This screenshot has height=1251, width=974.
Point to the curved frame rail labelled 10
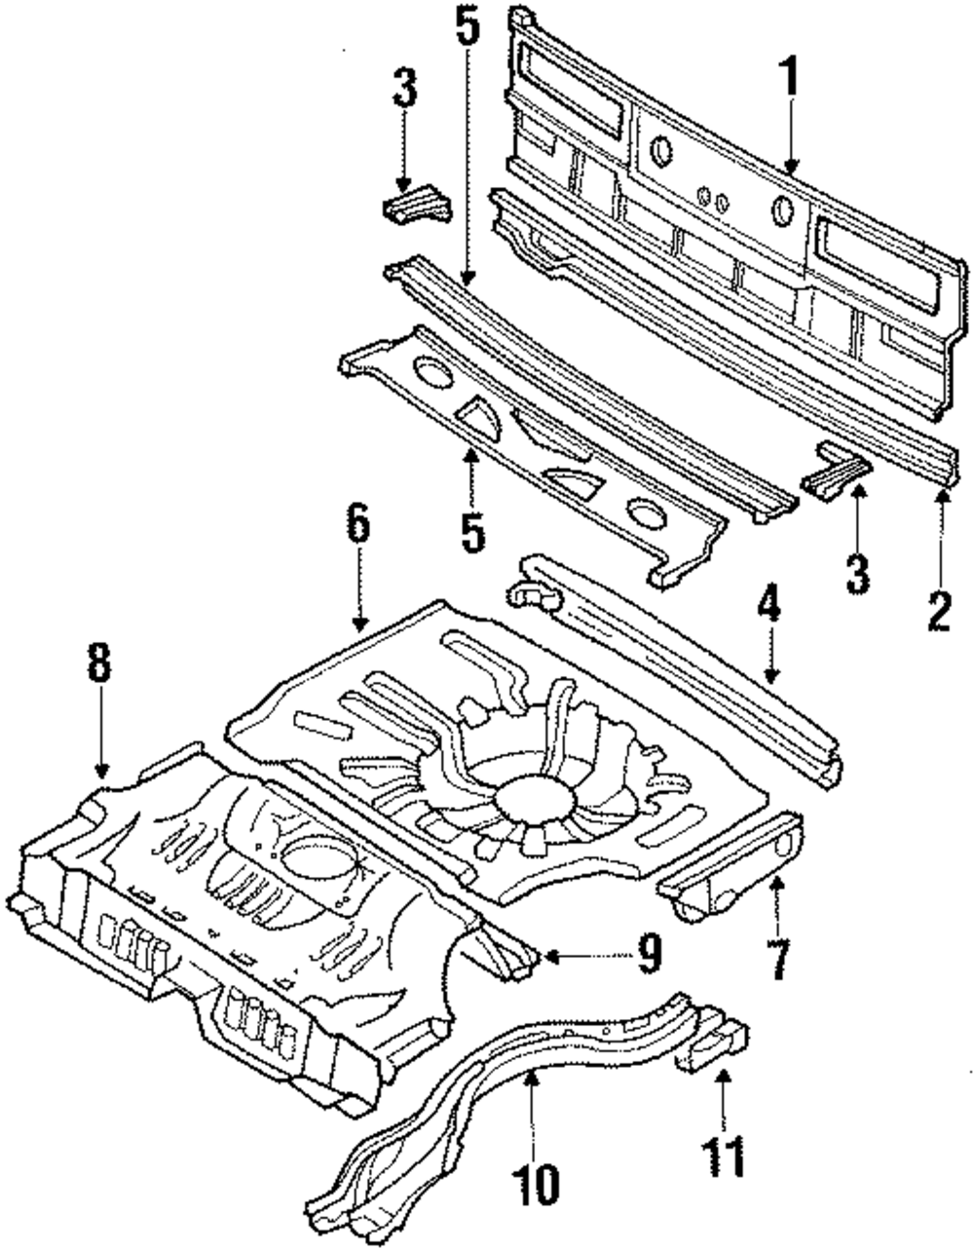pos(516,1091)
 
